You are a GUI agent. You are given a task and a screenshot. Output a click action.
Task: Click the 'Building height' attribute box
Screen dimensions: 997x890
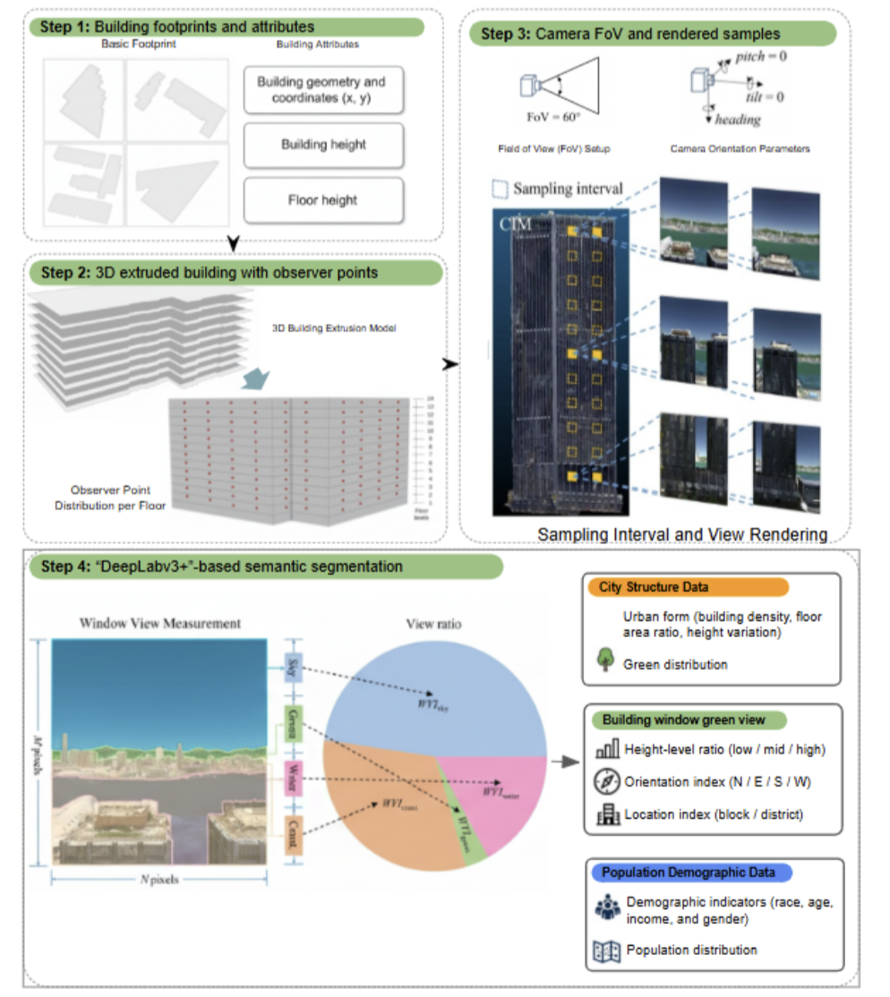click(323, 145)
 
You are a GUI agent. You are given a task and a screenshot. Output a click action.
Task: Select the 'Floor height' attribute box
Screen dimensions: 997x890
click(323, 200)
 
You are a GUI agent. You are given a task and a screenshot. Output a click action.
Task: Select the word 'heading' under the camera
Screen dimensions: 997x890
click(738, 119)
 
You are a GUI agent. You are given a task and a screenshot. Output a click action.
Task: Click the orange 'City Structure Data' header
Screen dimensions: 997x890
click(686, 587)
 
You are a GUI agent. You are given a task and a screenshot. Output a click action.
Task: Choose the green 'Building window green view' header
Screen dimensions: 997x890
click(682, 720)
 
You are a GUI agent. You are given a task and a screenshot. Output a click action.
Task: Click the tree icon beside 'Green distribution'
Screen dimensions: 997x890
click(605, 661)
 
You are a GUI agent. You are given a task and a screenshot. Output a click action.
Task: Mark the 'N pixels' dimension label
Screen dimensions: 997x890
click(158, 879)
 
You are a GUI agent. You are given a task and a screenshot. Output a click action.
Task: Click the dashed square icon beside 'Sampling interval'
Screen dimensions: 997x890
click(499, 190)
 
